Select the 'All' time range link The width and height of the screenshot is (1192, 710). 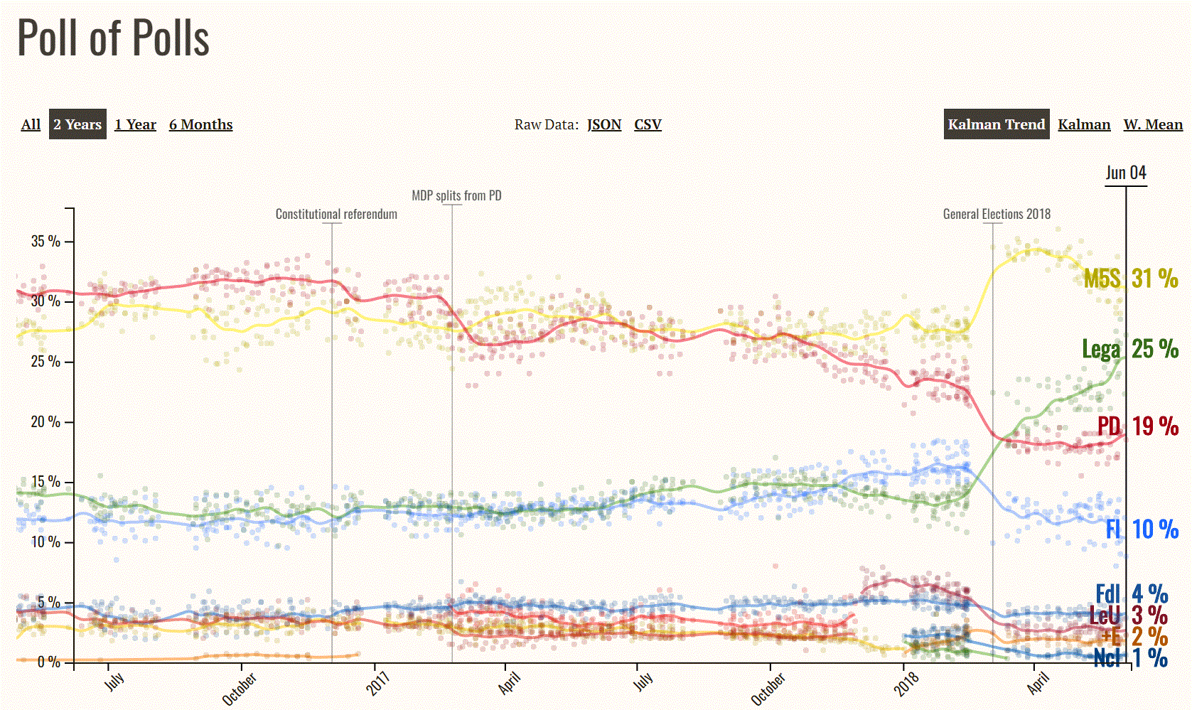coord(31,124)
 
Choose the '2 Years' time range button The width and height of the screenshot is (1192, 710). coord(77,124)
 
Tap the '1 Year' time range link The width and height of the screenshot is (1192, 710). coord(135,124)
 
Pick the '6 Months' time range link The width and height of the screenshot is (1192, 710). coord(200,124)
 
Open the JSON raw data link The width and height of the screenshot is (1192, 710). coord(604,124)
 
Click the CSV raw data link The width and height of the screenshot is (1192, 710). coord(648,124)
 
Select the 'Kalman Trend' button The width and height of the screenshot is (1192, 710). coord(996,124)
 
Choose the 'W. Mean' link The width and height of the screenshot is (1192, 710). coord(1153,124)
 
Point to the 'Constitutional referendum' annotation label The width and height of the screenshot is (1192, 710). coord(336,214)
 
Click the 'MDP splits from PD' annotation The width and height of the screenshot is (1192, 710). coord(456,195)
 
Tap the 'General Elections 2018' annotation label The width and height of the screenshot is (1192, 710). coord(997,214)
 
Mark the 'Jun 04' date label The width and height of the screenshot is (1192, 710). coord(1126,173)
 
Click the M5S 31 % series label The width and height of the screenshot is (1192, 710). coord(1130,278)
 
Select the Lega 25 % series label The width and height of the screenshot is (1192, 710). coord(1130,348)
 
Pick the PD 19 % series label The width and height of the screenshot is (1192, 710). coord(1137,426)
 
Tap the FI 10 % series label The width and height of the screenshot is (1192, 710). coord(1142,529)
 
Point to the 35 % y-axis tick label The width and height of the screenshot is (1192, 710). coord(45,241)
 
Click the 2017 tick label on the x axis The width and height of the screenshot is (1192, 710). coord(378,684)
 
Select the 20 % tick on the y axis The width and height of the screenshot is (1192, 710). coord(45,421)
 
